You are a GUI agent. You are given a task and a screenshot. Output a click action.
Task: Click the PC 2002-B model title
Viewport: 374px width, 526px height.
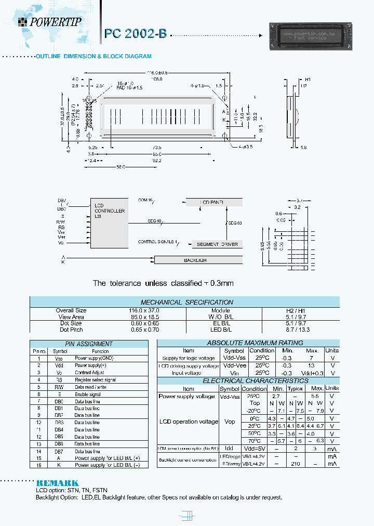136,34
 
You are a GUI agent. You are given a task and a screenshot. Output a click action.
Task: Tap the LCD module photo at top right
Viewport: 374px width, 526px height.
310,36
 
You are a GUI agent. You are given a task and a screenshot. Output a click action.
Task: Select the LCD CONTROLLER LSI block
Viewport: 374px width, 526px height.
109,222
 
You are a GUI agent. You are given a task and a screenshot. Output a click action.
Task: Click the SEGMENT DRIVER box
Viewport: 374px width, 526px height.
218,244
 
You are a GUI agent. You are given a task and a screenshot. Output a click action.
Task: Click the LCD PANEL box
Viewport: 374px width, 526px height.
213,202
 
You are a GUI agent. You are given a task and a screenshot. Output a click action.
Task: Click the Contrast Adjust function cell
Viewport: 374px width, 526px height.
89,373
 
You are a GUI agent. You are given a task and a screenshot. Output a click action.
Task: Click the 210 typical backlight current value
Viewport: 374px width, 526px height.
296,463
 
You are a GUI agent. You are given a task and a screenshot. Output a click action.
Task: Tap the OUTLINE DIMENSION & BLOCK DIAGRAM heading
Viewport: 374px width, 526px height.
93,56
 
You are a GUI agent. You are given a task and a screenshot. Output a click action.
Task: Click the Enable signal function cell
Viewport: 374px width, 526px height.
88,394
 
